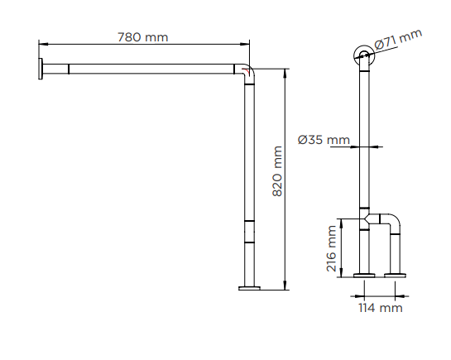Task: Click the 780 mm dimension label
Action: (x=142, y=37)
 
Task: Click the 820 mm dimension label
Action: (x=277, y=171)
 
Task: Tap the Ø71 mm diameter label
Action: (x=398, y=40)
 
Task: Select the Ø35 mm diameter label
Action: (x=324, y=140)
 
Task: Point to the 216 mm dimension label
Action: (x=331, y=249)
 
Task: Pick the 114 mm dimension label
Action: (x=381, y=308)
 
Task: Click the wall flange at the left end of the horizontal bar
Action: (x=41, y=69)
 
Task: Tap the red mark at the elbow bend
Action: (x=246, y=71)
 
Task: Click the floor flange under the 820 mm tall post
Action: (x=249, y=288)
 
